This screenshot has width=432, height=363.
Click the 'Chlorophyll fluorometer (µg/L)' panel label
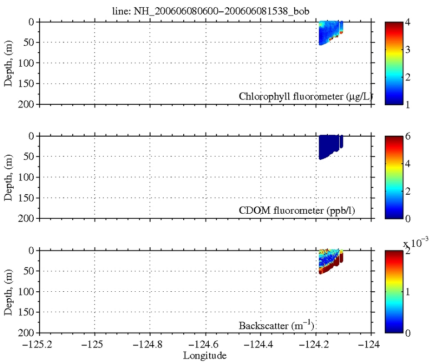pyautogui.click(x=303, y=96)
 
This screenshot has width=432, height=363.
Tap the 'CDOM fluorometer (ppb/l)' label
pyautogui.click(x=303, y=211)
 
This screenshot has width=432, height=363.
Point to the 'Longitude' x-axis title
pyautogui.click(x=205, y=355)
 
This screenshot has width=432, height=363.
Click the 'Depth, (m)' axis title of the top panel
pyautogui.click(x=9, y=63)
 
